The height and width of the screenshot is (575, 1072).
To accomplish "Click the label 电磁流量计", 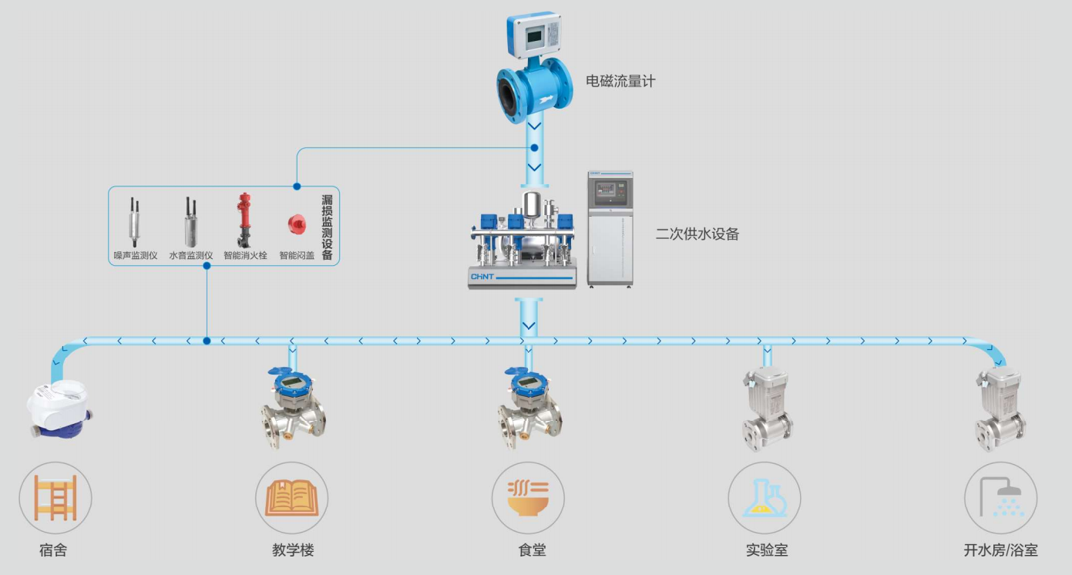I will pos(620,81).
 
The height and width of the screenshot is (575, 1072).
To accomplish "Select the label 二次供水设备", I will pos(697,234).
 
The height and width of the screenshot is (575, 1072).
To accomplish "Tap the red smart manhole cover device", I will pos(294,223).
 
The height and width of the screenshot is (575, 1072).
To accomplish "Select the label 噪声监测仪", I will pos(136,255).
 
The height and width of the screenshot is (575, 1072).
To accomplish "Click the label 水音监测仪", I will pos(190,255).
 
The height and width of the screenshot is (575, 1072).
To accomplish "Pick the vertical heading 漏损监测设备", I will pos(327,227).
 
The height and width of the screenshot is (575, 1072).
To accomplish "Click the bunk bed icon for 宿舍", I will pos(55,498).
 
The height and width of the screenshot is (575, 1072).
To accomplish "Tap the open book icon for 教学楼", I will pos(292,498).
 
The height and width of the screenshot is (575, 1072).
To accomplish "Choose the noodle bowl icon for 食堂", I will pos(528,498).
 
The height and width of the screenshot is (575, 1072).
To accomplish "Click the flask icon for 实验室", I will pos(764,498).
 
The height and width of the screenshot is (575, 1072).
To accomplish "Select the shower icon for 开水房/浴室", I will pos(1000,498).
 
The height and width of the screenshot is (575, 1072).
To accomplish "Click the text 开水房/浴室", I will pos(1000,550).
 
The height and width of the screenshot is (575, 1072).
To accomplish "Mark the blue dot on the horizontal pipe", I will pos(207,341).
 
